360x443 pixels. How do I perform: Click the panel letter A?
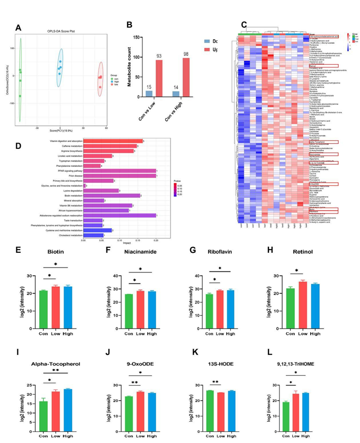(x=19, y=28)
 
